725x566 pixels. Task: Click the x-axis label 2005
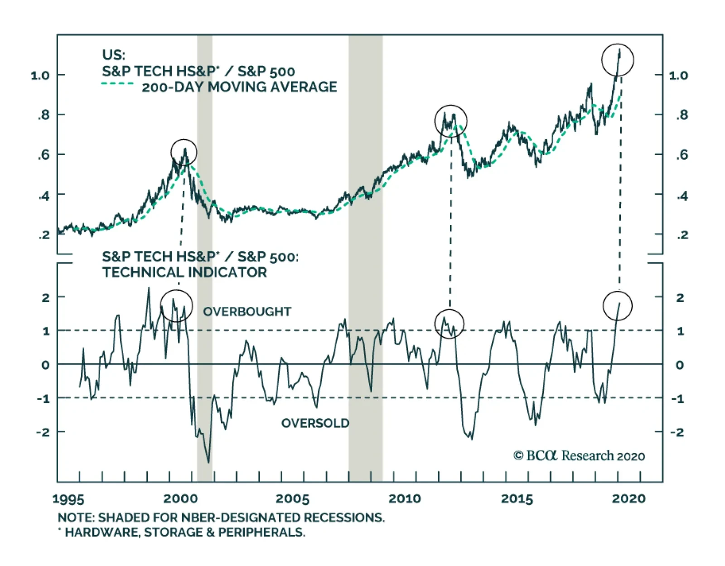pyautogui.click(x=292, y=499)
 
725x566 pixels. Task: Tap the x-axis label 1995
pyautogui.click(x=68, y=499)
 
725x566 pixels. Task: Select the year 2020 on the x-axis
pyautogui.click(x=628, y=499)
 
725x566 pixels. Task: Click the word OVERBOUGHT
pyautogui.click(x=247, y=312)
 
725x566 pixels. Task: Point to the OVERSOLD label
pyautogui.click(x=315, y=423)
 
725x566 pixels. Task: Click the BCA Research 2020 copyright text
pyautogui.click(x=579, y=456)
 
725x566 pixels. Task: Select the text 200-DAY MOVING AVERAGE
pyautogui.click(x=239, y=87)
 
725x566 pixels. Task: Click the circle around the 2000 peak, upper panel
pyautogui.click(x=184, y=152)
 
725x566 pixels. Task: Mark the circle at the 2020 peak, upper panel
pyautogui.click(x=618, y=60)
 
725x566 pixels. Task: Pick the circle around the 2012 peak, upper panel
pyautogui.click(x=450, y=121)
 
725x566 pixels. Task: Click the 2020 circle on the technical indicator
pyautogui.click(x=618, y=306)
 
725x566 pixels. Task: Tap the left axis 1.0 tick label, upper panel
pyautogui.click(x=40, y=75)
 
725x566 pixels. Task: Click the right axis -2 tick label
pyautogui.click(x=677, y=432)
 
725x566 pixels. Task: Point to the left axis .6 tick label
pyautogui.click(x=43, y=155)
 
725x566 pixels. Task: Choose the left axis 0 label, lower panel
pyautogui.click(x=45, y=365)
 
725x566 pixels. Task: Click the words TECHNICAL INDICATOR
pyautogui.click(x=184, y=272)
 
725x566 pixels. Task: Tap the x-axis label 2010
pyautogui.click(x=405, y=499)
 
